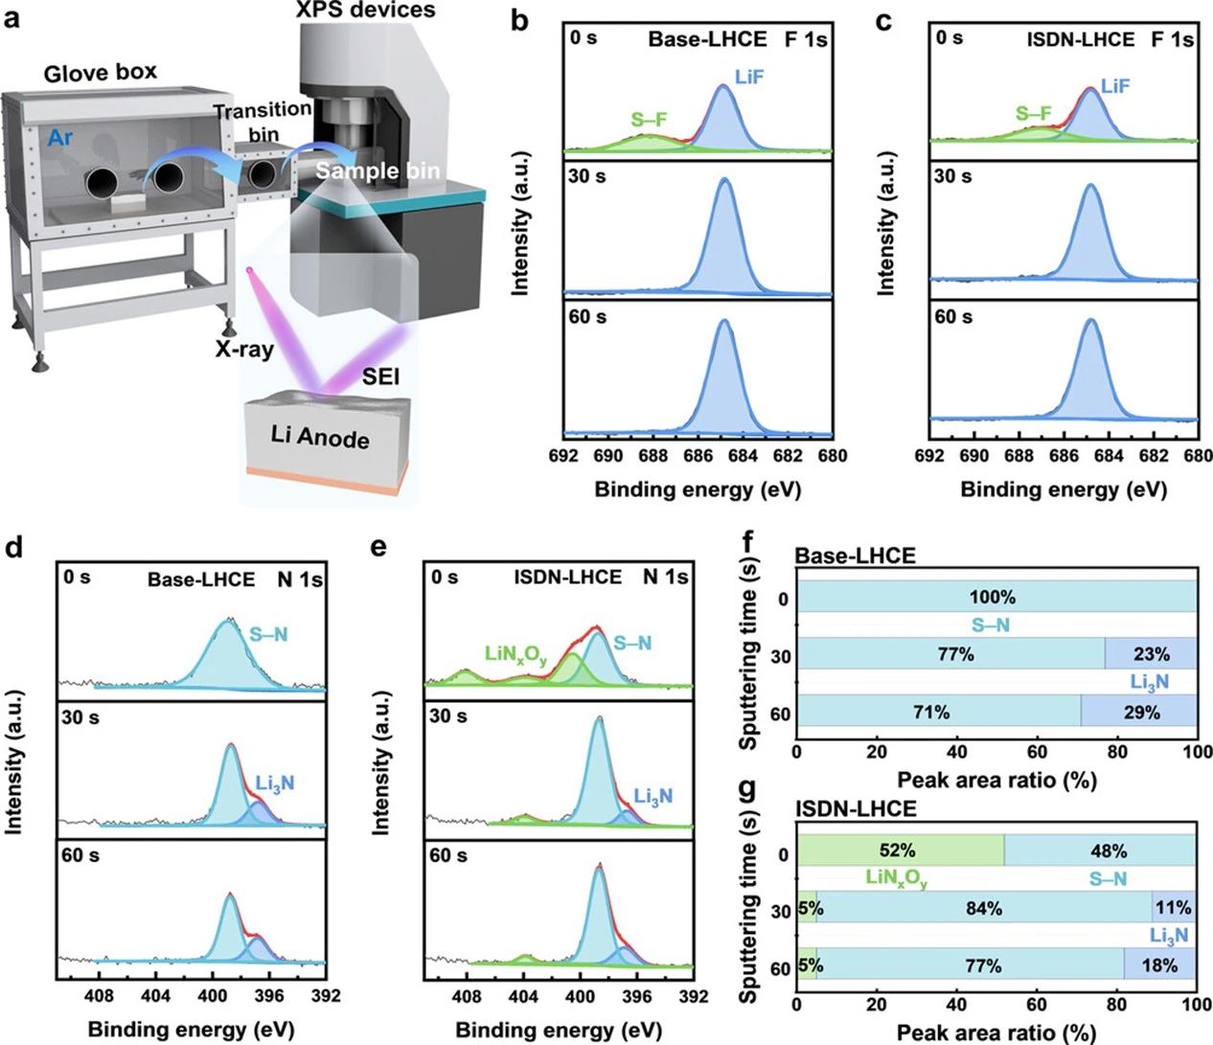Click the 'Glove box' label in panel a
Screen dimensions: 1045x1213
click(x=101, y=73)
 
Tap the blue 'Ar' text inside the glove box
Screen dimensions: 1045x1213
click(x=59, y=138)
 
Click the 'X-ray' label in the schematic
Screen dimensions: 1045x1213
click(x=243, y=349)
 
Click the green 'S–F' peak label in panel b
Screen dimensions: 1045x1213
click(x=649, y=120)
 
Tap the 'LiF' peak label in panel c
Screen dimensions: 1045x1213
click(x=1115, y=86)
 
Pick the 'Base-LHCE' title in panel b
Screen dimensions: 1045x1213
click(x=707, y=39)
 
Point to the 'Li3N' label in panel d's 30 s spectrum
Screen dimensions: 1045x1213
click(x=275, y=784)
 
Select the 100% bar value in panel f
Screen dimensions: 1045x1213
click(x=992, y=598)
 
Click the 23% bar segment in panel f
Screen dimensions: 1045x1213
click(x=1151, y=654)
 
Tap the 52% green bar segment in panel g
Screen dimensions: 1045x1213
click(x=900, y=851)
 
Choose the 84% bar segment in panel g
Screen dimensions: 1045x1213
click(x=984, y=907)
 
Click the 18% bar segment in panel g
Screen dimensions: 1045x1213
click(x=1159, y=965)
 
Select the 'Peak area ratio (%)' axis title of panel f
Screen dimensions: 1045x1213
click(x=996, y=780)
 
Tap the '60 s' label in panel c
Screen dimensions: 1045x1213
click(x=953, y=317)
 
